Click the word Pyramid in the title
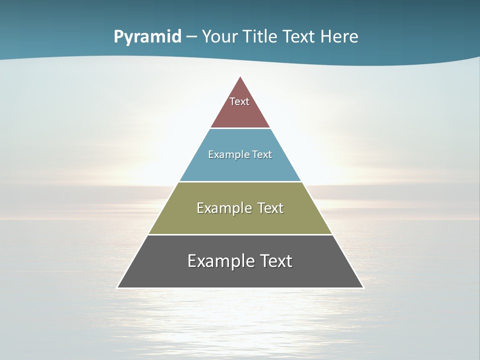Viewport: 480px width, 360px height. [147, 37]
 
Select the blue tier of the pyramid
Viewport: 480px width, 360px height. [240, 167]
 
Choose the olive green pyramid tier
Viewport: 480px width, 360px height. [240, 220]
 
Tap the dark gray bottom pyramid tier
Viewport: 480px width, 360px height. [240, 275]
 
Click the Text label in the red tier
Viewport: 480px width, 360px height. [239, 101]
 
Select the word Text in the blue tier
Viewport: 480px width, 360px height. [262, 154]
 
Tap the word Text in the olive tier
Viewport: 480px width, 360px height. [270, 208]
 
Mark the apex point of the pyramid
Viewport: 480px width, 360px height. [240, 76]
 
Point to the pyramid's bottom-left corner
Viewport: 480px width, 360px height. [117, 287]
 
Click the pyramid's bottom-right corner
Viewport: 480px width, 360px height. [363, 287]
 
